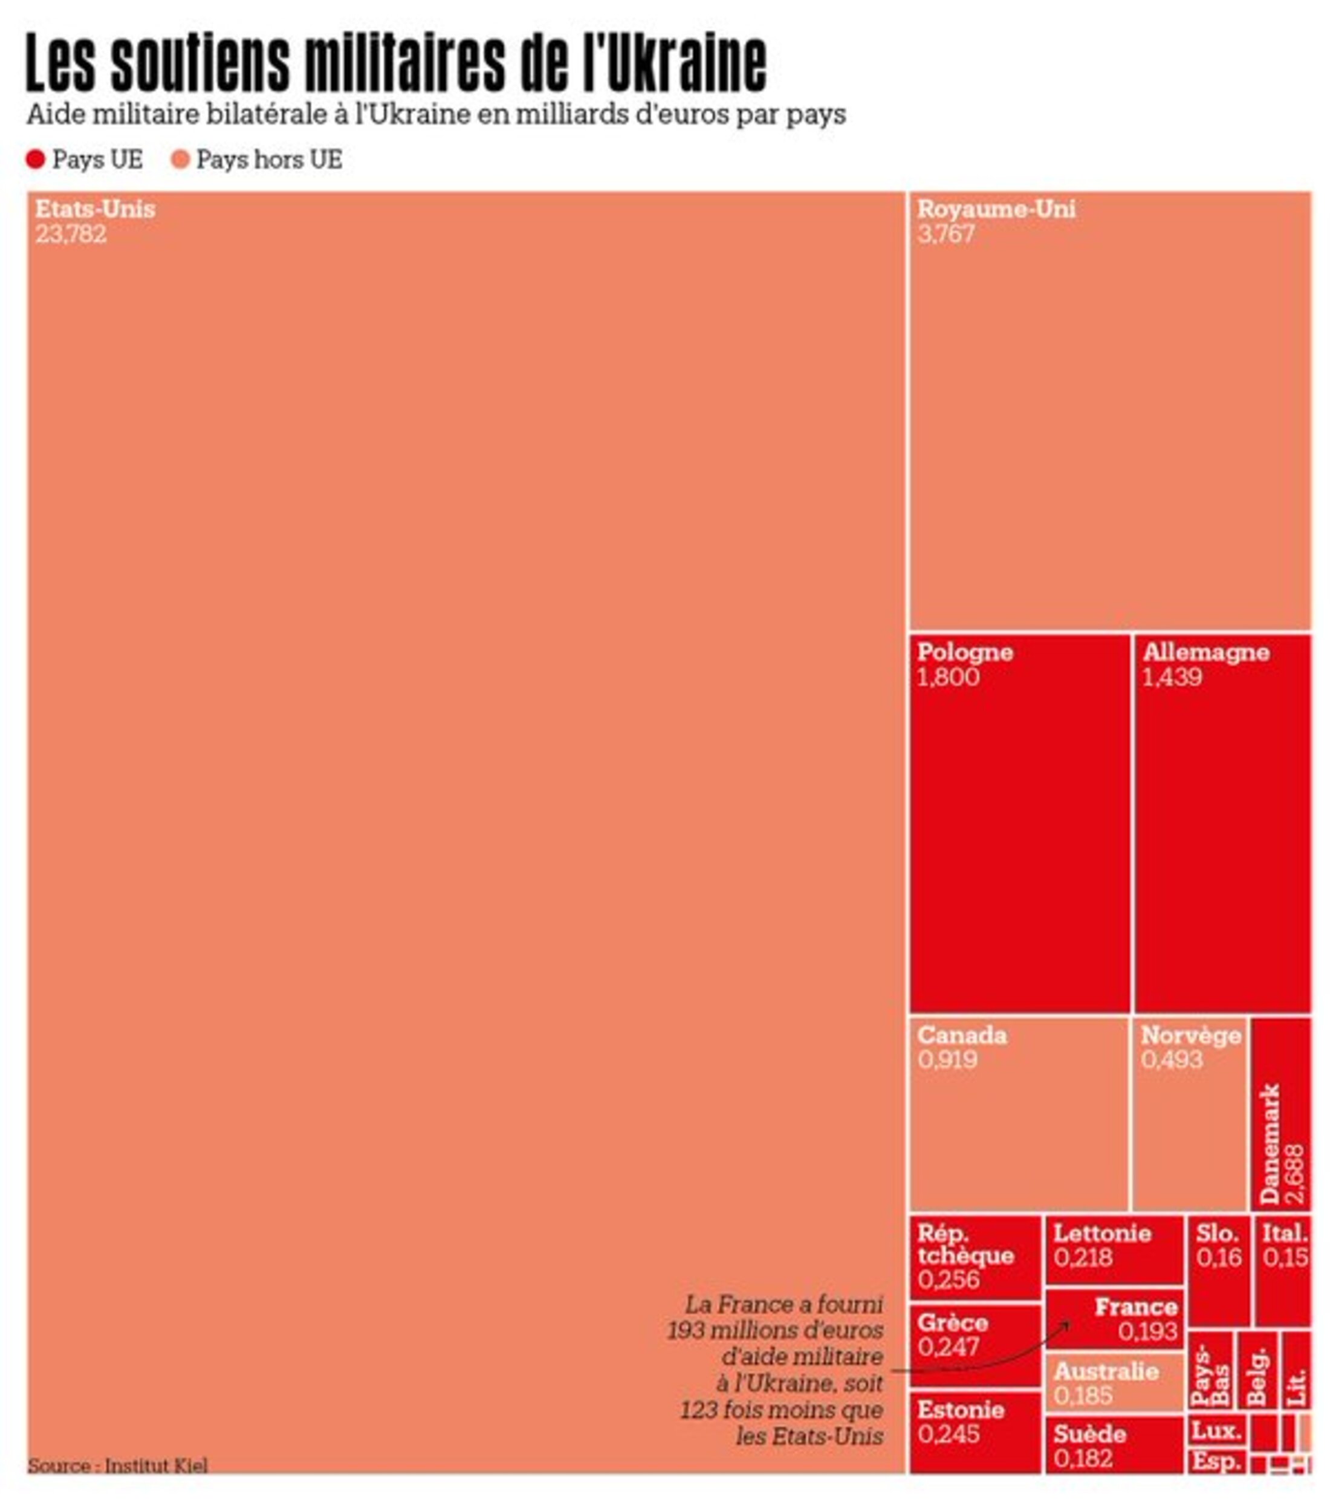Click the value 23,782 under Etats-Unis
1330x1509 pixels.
pos(71,234)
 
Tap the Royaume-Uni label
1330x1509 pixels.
pos(996,209)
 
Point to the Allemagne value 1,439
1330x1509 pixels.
pos(1172,677)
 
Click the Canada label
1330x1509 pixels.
pos(961,1035)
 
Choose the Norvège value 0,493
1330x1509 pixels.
pos(1171,1060)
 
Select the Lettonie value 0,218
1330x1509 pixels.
pos(1083,1257)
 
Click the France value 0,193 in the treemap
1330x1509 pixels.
pos(1147,1331)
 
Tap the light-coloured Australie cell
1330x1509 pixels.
pos(1114,1383)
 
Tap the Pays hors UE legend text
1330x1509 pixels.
pos(269,160)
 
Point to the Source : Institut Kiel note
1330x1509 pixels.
pos(117,1465)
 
